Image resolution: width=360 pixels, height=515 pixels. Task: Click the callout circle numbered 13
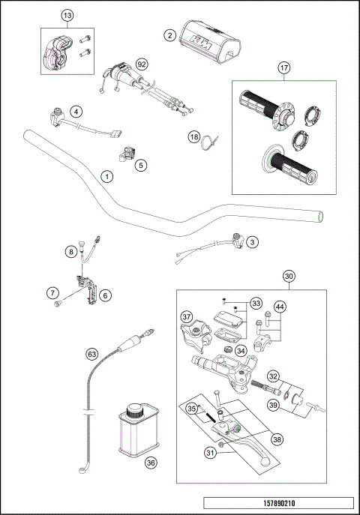tap(67, 15)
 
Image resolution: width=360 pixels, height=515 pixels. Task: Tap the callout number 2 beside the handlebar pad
tap(170, 34)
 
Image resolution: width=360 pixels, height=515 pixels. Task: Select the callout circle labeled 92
tap(140, 64)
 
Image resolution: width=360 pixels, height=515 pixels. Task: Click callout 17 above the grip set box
tap(284, 68)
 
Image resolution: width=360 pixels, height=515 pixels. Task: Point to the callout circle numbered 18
tap(193, 137)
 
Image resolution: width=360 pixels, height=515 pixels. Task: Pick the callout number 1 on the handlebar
tap(107, 176)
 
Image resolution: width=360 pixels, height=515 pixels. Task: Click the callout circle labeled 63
tap(92, 353)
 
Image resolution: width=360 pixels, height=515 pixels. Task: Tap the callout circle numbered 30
tap(289, 276)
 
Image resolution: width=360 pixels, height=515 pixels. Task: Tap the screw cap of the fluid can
tap(135, 409)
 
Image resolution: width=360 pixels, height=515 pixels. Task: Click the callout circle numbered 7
tap(52, 292)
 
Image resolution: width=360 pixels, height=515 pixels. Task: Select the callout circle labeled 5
tap(140, 164)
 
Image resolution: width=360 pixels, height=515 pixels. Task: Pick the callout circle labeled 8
tap(71, 253)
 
